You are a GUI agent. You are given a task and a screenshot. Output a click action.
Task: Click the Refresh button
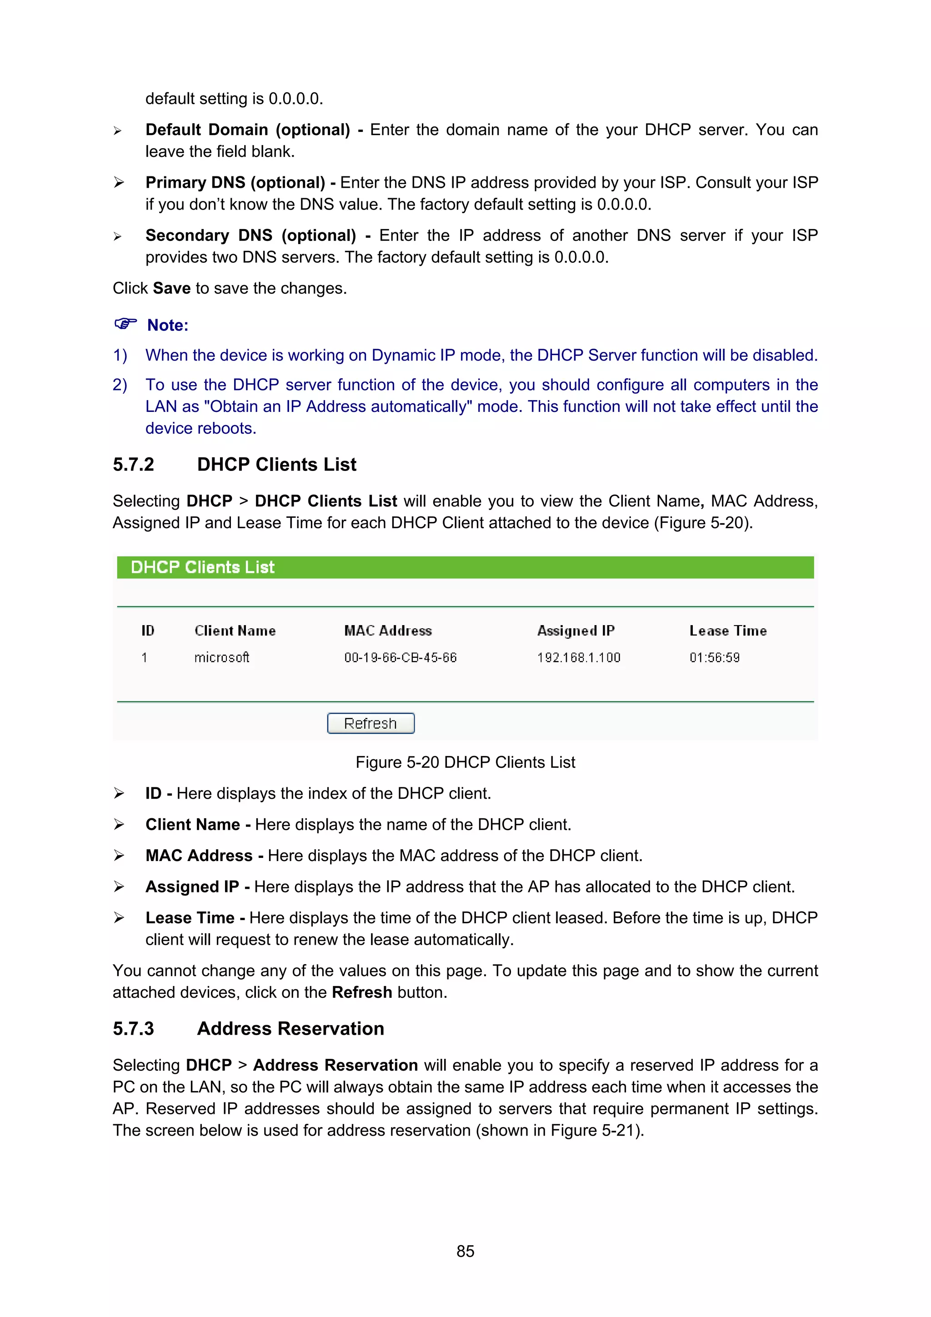pyautogui.click(x=370, y=723)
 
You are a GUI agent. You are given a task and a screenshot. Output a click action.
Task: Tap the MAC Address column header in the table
pyautogui.click(x=388, y=631)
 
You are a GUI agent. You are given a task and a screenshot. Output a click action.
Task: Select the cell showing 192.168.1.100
pyautogui.click(x=579, y=658)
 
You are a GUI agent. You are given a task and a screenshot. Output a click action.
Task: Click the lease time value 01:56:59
pyautogui.click(x=714, y=658)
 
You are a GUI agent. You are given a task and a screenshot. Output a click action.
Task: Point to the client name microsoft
pyautogui.click(x=221, y=658)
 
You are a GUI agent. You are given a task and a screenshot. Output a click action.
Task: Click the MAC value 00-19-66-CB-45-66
pyautogui.click(x=400, y=658)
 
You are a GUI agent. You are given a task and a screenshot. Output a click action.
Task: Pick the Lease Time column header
pyautogui.click(x=728, y=631)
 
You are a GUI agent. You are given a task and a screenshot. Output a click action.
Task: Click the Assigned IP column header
pyautogui.click(x=576, y=631)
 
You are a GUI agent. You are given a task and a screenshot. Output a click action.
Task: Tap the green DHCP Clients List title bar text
pyautogui.click(x=202, y=567)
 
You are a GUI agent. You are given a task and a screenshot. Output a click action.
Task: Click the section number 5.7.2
pyautogui.click(x=133, y=465)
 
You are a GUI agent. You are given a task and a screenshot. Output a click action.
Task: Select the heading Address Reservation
pyautogui.click(x=290, y=1028)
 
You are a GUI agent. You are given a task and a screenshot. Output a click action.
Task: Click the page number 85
pyautogui.click(x=465, y=1251)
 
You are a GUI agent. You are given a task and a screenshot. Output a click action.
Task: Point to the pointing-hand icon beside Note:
pyautogui.click(x=125, y=324)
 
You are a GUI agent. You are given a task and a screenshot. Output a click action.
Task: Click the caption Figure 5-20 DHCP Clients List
pyautogui.click(x=465, y=762)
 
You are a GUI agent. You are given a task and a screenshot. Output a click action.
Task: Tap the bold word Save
pyautogui.click(x=171, y=288)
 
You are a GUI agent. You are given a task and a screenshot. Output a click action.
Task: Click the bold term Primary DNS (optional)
pyautogui.click(x=235, y=182)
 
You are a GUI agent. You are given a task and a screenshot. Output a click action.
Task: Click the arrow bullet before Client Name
pyautogui.click(x=119, y=825)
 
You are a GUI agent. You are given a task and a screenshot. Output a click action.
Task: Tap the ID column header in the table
pyautogui.click(x=148, y=631)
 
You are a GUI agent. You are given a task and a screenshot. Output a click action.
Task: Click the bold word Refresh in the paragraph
pyautogui.click(x=362, y=992)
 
